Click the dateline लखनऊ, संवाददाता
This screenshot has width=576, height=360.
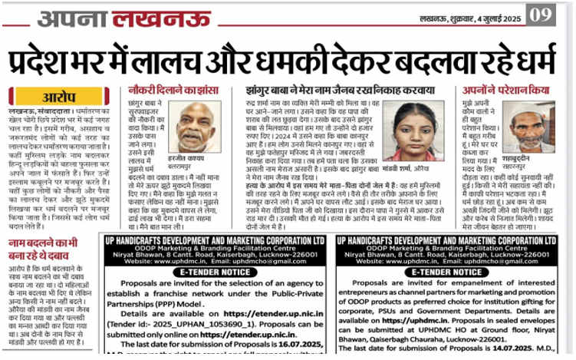[35, 111]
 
